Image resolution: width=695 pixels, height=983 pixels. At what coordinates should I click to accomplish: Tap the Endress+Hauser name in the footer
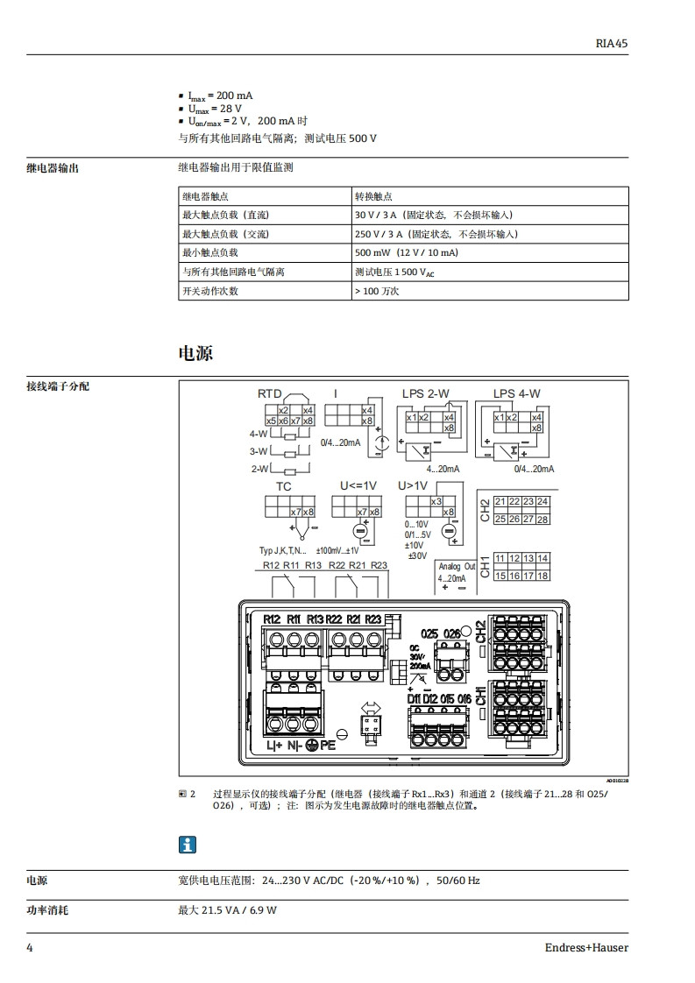point(586,947)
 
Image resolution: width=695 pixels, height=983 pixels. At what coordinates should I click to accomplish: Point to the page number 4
point(30,947)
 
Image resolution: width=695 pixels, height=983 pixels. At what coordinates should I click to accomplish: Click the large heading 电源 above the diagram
point(195,352)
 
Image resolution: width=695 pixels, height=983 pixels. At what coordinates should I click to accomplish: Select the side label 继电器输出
point(53,167)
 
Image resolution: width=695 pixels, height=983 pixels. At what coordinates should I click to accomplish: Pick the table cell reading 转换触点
point(372,196)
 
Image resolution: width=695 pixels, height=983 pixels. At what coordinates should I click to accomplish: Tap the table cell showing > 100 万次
point(377,291)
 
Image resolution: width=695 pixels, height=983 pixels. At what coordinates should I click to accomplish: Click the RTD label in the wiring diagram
point(269,394)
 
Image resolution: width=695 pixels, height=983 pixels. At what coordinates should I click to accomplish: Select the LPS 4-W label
point(516,394)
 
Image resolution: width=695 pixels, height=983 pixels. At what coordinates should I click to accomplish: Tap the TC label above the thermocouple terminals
point(284,486)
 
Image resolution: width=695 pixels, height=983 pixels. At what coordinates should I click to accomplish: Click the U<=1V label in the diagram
point(358,486)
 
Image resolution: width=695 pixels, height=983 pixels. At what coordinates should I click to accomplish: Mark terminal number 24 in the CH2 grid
point(543,502)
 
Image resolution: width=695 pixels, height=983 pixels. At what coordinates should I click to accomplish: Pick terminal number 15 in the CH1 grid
point(500,576)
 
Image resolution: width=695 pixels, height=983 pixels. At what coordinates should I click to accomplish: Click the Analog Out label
point(457,567)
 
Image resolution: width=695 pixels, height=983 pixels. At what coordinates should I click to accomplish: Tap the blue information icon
point(188,845)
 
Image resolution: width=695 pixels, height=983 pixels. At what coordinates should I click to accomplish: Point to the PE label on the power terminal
point(328,746)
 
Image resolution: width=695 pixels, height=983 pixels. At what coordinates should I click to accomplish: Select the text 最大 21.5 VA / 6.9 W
point(228,911)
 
